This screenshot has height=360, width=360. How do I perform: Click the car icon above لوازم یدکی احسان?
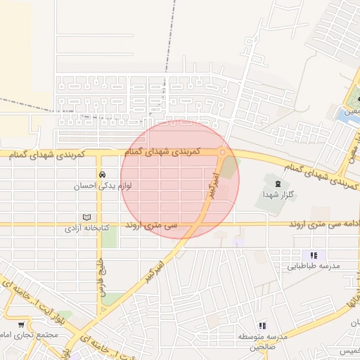tap(103, 174)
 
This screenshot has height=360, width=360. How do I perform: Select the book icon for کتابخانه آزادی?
tap(86, 217)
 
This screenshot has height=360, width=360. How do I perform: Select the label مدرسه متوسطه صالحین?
tap(262, 342)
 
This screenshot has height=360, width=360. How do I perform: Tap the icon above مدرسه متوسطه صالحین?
tap(262, 326)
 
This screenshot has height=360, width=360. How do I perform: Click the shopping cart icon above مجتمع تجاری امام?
tap(20, 325)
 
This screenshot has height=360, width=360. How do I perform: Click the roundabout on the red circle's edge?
tap(222, 152)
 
